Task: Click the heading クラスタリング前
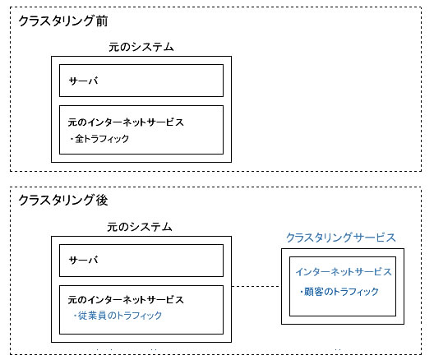(x=62, y=21)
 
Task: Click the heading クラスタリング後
(x=62, y=200)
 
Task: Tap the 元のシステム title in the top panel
(x=141, y=47)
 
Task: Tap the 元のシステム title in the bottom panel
(x=140, y=227)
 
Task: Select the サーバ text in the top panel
(x=83, y=81)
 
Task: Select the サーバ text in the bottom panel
(x=83, y=260)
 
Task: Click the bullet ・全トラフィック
(x=99, y=138)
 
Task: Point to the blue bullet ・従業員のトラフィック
(x=118, y=315)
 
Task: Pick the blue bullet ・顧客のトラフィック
(x=339, y=291)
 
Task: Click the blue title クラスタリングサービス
(x=341, y=238)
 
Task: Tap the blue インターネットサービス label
(x=344, y=271)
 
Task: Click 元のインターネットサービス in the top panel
(x=126, y=122)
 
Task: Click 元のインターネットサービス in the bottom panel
(x=126, y=300)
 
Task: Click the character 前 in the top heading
(x=102, y=21)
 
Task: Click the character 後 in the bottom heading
(x=102, y=200)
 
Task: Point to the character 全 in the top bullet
(x=80, y=138)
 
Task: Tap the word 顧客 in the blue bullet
(x=314, y=292)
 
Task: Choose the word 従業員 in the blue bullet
(x=92, y=315)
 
